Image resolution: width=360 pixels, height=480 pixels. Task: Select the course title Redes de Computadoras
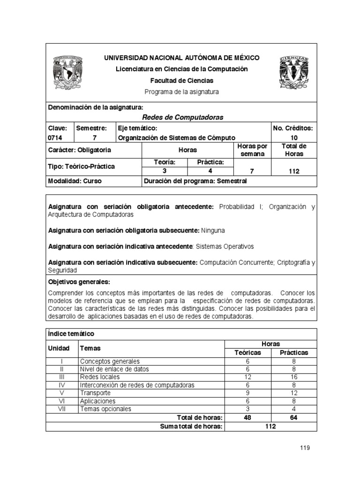pos(182,117)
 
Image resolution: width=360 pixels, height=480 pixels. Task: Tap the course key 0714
pos(55,138)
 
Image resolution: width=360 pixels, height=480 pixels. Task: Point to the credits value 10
pos(294,138)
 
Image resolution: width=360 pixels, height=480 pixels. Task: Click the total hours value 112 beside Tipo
pos(294,172)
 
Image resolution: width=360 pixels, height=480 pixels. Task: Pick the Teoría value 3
pos(165,171)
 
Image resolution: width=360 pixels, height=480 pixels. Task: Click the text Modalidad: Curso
pos(75,181)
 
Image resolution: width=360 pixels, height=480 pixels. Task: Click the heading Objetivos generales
pos(79,282)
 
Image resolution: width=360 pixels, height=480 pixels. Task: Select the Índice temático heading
pos(71,334)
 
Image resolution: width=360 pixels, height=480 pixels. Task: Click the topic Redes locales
pos(100,377)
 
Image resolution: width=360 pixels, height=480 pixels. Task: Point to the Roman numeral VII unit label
pos(61,409)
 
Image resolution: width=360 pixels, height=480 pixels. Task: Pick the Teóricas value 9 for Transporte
pos(247,393)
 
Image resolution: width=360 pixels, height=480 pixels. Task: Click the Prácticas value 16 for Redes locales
pos(294,377)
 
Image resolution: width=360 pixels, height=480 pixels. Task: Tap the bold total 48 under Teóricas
pos(247,417)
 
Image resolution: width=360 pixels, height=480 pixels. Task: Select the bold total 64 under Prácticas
pos(294,417)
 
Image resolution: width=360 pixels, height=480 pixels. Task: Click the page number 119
pos(305,448)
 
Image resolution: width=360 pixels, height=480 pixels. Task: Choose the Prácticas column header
pos(294,352)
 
